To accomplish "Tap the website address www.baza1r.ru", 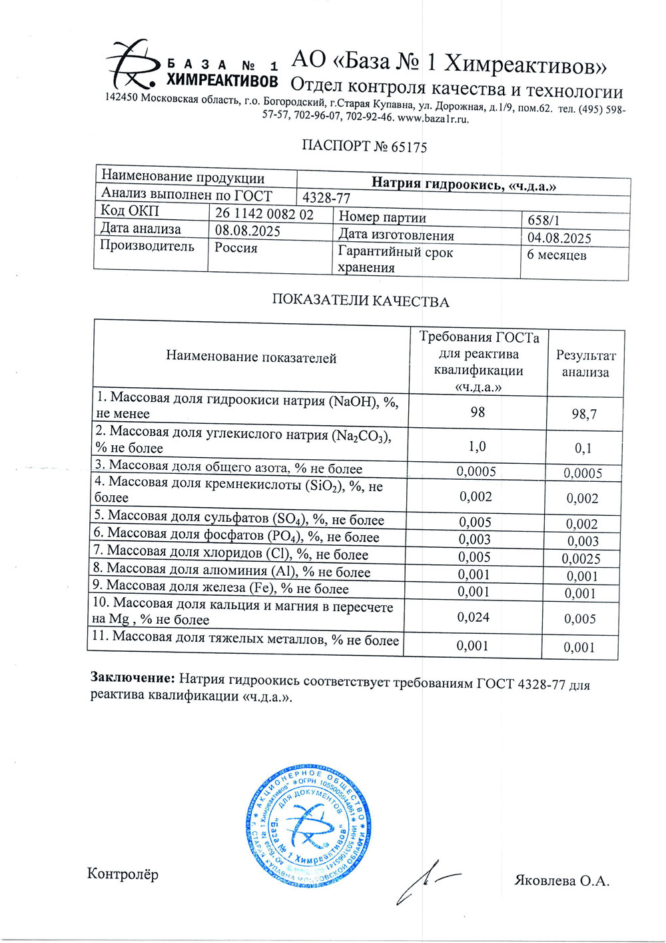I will [433, 119].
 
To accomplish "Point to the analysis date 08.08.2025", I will [247, 231].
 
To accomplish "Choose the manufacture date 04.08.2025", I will [559, 238].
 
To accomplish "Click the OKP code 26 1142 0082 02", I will [264, 215].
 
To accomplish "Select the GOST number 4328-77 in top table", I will [326, 198].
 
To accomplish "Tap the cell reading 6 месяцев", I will [557, 255].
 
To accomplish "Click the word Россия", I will [236, 248].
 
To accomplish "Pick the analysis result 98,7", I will [585, 415].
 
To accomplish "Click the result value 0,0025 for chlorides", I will [581, 559].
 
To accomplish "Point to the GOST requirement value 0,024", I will [474, 617].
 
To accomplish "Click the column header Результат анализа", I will [585, 364].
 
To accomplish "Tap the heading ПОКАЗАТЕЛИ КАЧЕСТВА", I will [360, 301].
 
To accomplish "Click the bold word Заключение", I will [133, 678].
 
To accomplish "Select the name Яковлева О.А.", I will [562, 881].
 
